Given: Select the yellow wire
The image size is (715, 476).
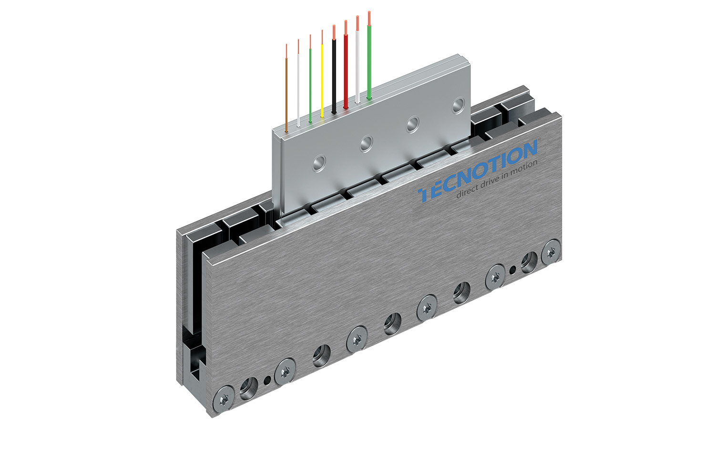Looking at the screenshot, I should (322, 81).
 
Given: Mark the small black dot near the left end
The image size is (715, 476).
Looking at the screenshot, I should (267, 380).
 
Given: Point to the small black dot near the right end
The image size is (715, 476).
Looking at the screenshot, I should (512, 270).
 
